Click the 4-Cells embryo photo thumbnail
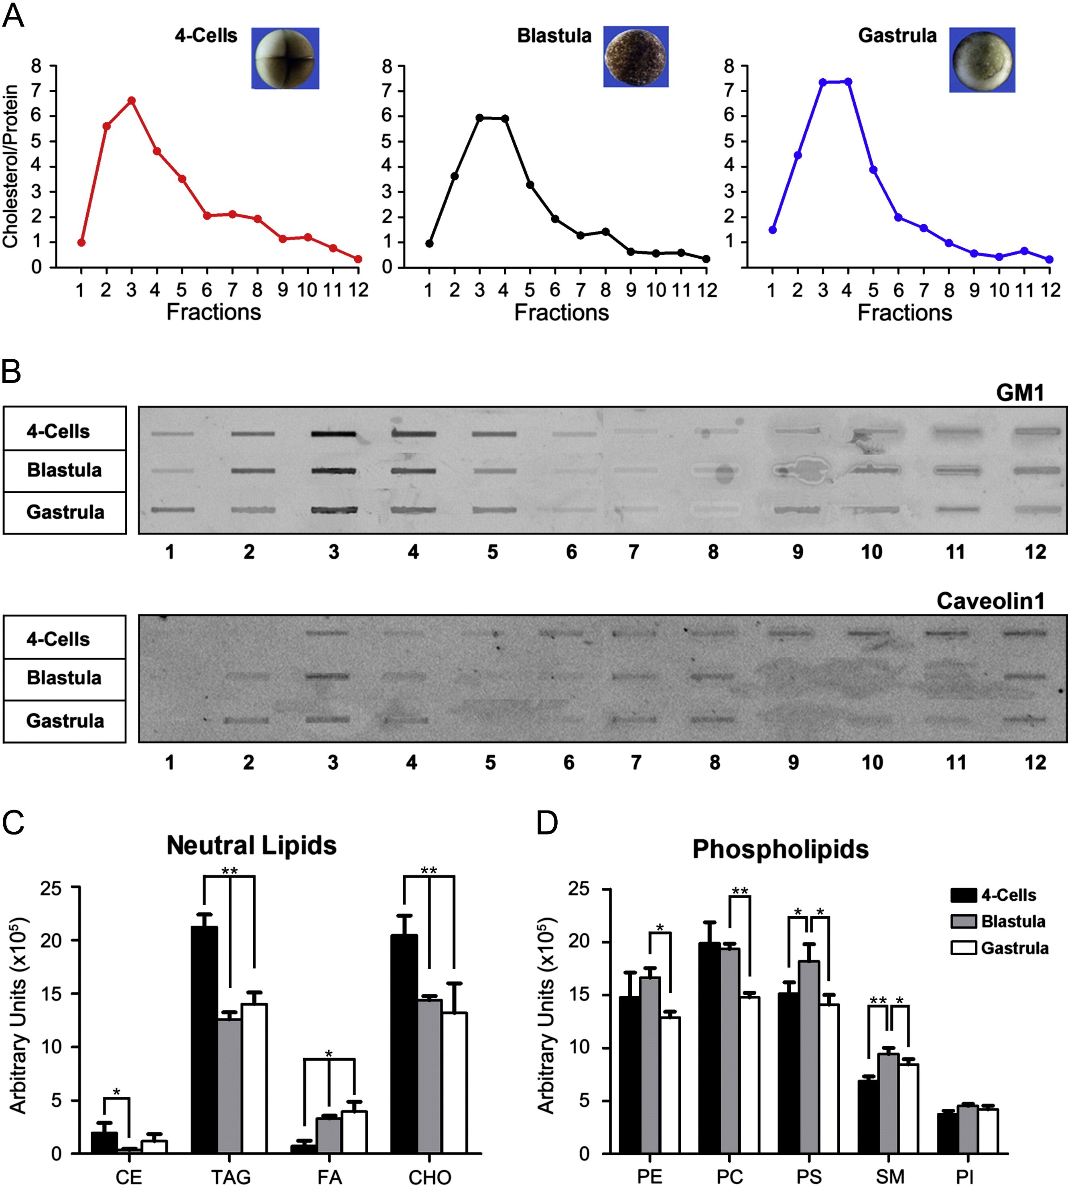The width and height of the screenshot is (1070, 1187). click(x=285, y=58)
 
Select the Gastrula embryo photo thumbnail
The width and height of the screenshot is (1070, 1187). click(x=982, y=59)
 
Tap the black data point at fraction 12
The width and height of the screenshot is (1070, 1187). click(x=706, y=259)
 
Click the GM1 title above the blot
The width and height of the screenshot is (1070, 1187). click(x=1019, y=393)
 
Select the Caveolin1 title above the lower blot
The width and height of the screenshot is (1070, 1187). click(x=990, y=601)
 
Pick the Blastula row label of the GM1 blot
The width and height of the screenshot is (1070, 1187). click(x=65, y=471)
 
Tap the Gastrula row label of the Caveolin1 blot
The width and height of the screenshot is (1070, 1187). click(x=65, y=721)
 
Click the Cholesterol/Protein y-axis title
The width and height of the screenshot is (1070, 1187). click(x=10, y=166)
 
